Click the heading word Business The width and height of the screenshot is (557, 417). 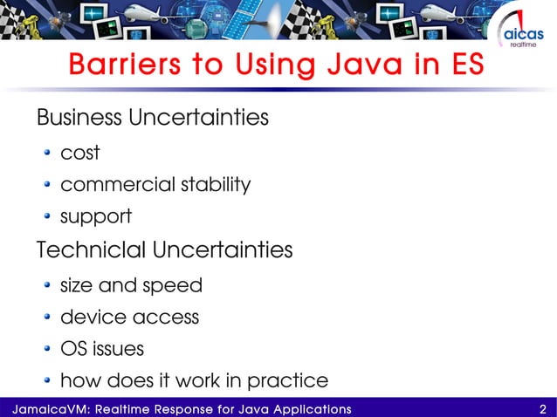click(79, 117)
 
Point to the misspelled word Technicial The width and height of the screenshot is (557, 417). click(92, 250)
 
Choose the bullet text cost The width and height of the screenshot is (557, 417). click(79, 154)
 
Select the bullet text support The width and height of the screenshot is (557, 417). click(95, 217)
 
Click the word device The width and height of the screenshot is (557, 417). click(89, 318)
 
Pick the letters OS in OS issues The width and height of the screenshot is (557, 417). click(72, 350)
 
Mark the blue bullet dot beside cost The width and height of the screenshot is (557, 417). click(48, 154)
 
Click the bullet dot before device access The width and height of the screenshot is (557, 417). click(48, 318)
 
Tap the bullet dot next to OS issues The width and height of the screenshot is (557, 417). click(48, 351)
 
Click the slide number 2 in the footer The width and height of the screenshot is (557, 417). click(543, 408)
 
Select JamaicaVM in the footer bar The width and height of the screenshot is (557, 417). click(37, 408)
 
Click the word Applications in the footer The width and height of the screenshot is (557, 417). click(307, 408)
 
